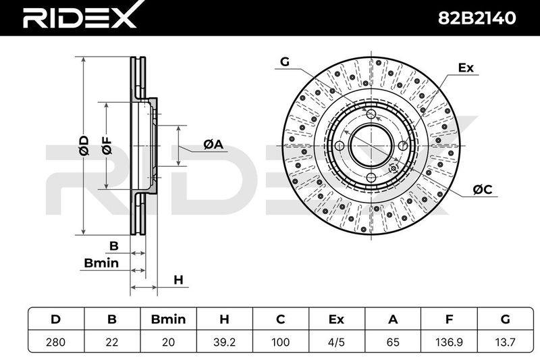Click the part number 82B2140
click(x=477, y=18)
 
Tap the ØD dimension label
click(x=84, y=145)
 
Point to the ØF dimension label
click(x=107, y=145)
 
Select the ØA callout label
click(x=213, y=144)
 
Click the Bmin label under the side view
click(x=101, y=263)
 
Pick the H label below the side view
click(x=178, y=280)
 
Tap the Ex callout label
click(x=466, y=68)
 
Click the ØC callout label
click(x=483, y=189)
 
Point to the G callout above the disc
click(x=285, y=61)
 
